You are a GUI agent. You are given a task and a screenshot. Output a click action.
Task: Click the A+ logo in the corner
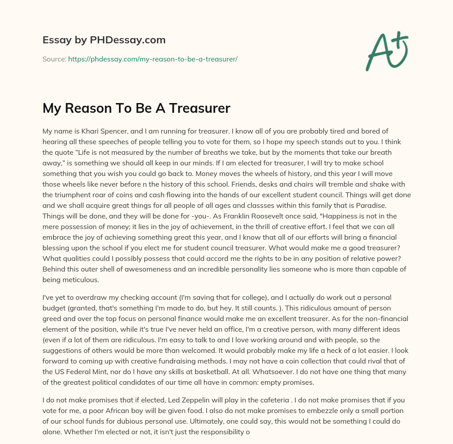click(386, 50)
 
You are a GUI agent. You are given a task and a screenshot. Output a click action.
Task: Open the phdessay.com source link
click(153, 59)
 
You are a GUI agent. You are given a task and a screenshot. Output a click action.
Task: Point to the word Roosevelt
click(146, 215)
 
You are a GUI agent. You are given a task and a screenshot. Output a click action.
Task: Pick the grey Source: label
click(54, 59)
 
